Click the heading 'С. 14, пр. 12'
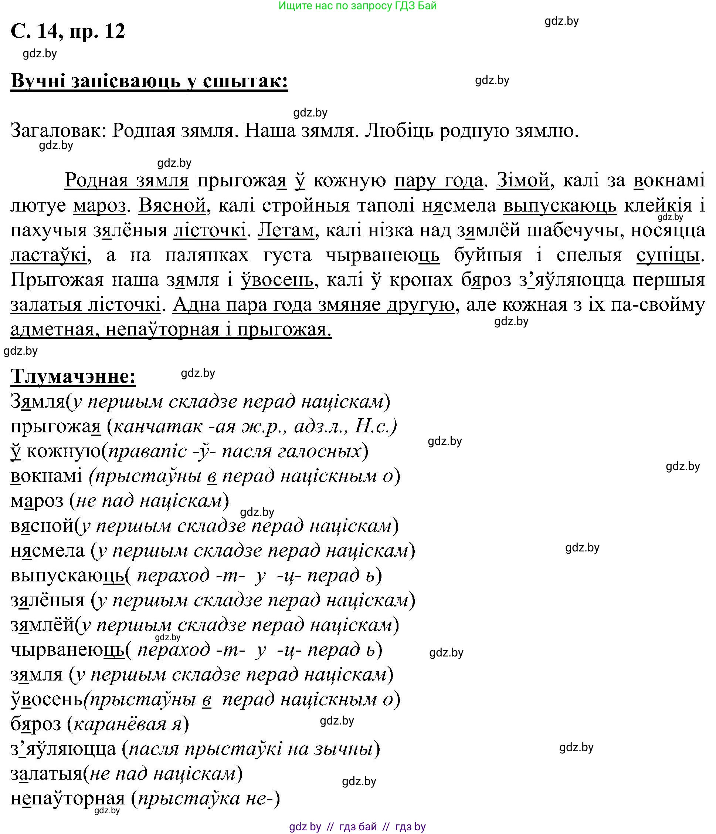tap(68, 31)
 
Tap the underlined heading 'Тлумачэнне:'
tap(73, 377)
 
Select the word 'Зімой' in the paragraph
tap(523, 180)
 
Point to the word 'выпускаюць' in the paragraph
tap(560, 205)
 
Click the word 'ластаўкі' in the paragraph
tap(48, 255)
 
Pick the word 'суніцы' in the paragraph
tap(668, 255)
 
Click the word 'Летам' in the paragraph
tap(286, 230)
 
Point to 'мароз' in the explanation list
tap(37, 501)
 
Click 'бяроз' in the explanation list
tap(36, 724)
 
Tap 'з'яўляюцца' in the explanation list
tap(63, 749)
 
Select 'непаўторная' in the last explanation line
tap(68, 798)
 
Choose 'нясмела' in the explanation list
tap(47, 551)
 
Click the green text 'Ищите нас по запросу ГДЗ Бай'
tap(357, 6)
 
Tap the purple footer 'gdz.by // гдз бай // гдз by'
tap(357, 827)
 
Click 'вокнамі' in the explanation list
tap(46, 476)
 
